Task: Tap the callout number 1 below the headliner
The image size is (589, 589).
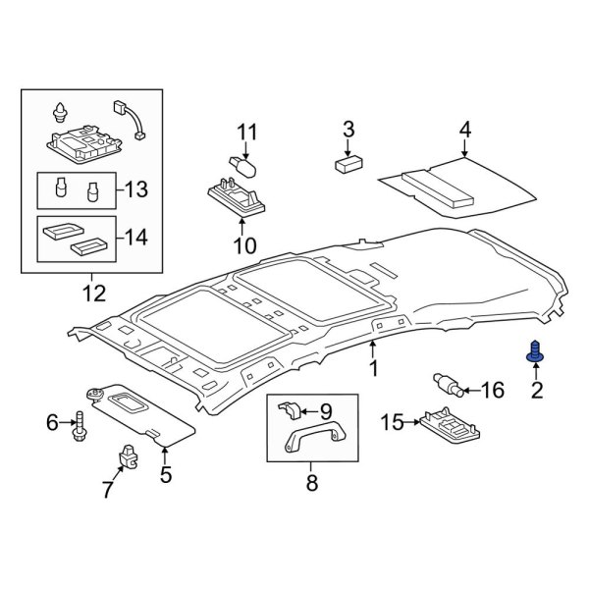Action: click(373, 368)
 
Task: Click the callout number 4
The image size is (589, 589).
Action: click(464, 130)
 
